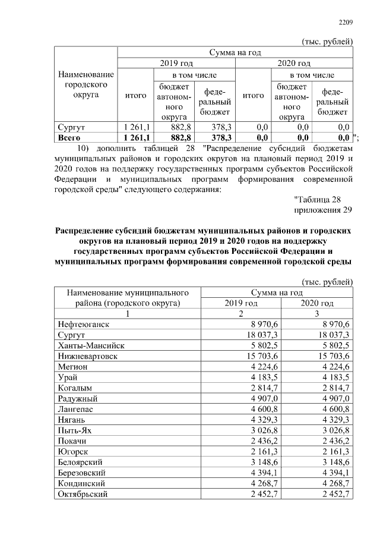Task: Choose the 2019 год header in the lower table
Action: [x=240, y=303]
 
